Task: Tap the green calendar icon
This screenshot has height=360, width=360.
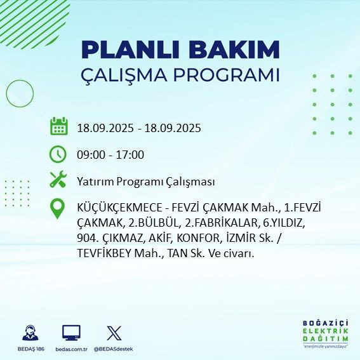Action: click(x=58, y=126)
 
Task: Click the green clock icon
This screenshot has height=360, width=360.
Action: click(x=58, y=154)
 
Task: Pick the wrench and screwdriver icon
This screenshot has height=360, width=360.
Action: click(x=58, y=180)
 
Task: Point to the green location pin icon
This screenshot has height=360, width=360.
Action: click(x=58, y=209)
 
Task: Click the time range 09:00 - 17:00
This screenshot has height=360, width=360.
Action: click(x=110, y=154)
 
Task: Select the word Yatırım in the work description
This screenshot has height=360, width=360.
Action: click(x=95, y=182)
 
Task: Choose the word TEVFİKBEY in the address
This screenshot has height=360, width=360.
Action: click(x=105, y=253)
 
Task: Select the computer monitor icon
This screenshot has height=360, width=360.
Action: click(x=71, y=333)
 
